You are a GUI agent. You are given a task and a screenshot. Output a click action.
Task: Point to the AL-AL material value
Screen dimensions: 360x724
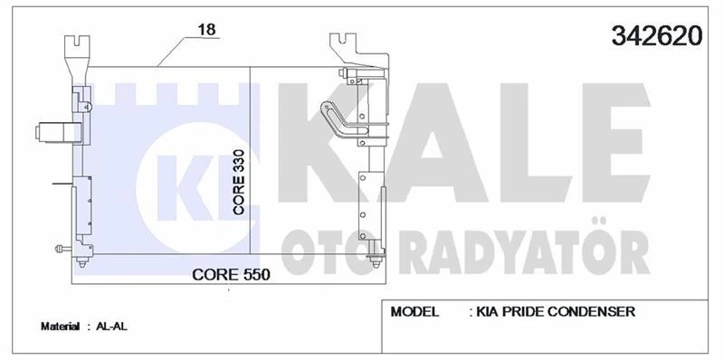tap(111, 326)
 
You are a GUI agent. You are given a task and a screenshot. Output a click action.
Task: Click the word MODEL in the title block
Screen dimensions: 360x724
tap(414, 312)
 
